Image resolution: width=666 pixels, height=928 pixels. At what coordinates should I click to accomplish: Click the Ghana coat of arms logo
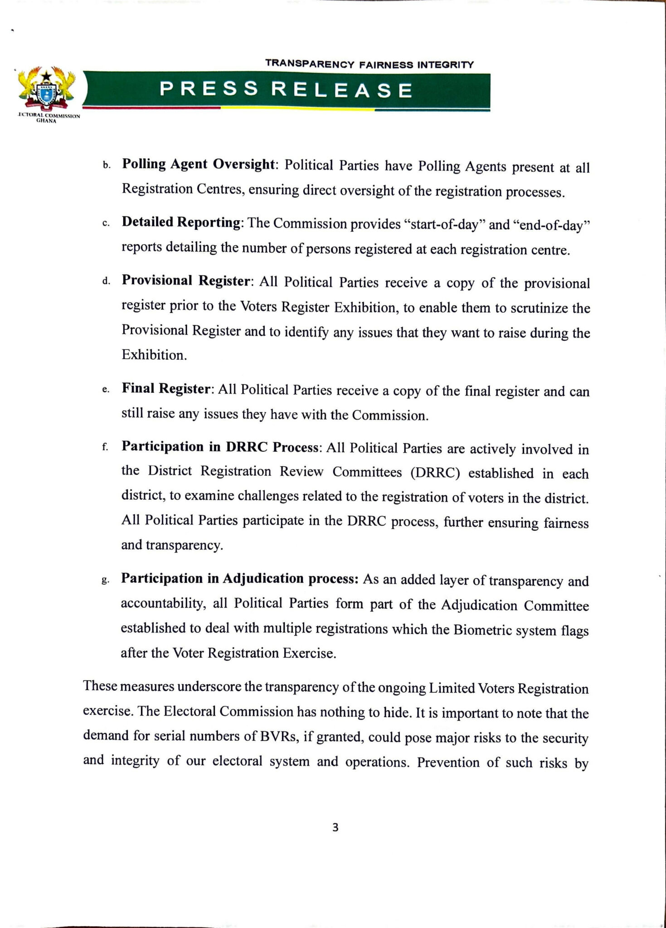coord(47,89)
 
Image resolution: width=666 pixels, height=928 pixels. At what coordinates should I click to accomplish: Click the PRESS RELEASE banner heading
coord(286,90)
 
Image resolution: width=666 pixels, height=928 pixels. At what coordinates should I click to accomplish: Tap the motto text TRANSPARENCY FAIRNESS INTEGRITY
coord(369,64)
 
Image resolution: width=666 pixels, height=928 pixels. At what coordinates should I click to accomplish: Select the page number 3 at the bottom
coord(335,828)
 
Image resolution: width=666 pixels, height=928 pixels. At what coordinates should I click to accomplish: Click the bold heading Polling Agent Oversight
coord(199,164)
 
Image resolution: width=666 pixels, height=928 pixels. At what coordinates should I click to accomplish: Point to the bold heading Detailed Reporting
coord(181,222)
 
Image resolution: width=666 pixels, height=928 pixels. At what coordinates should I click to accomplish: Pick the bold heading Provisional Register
coord(186,281)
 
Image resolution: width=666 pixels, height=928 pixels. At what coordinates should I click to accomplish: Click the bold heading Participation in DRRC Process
coord(221,447)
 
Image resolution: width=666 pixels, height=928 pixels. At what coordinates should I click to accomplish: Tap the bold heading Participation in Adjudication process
coord(240,579)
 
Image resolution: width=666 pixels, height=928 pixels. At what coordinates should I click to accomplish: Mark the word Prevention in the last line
coord(447,762)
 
